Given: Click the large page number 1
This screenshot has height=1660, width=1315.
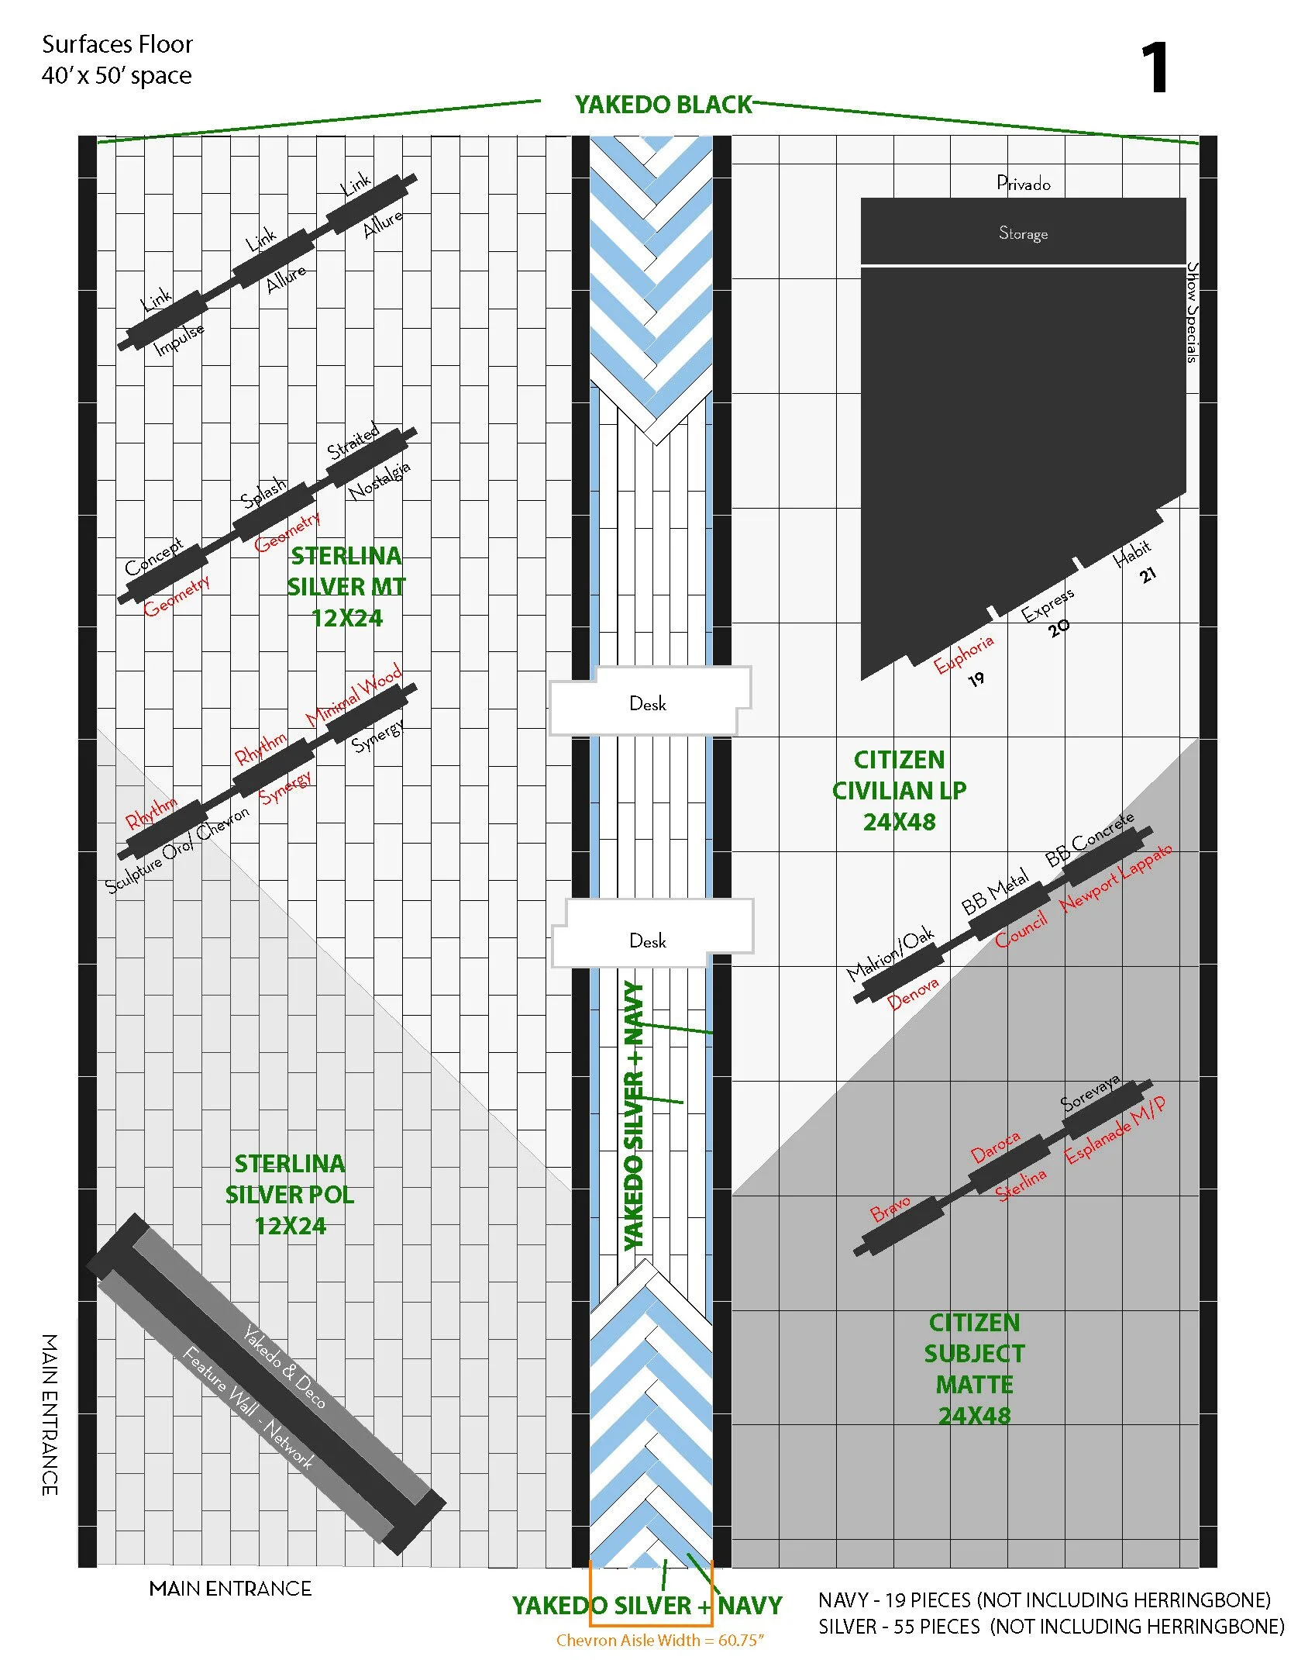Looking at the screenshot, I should pos(1154,68).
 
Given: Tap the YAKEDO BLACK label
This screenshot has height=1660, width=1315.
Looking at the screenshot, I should pos(663,105).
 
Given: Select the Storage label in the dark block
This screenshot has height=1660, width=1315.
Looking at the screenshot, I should pos(1023,233).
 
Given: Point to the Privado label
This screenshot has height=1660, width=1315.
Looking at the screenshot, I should pos(1023,184).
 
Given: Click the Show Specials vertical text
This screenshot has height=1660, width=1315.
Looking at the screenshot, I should pos(1193,312).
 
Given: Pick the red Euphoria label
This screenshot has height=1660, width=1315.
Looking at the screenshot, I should pos(963,654).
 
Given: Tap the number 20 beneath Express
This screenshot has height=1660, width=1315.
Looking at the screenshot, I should pos(1059,627).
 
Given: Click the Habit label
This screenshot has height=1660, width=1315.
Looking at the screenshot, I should pos(1131,553).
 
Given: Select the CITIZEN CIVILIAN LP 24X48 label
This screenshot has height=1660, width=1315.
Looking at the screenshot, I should pos(899,790).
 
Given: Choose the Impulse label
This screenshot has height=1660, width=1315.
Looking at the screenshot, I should pos(179,339).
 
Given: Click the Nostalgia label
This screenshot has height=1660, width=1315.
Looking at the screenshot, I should pos(378,481).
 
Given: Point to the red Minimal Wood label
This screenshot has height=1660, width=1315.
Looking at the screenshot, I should pos(353,694).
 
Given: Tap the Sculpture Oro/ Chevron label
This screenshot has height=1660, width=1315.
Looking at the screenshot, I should pos(177,850).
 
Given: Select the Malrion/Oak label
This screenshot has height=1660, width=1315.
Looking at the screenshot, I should pos(890,954).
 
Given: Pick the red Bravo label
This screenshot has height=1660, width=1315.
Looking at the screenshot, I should pos(890,1208).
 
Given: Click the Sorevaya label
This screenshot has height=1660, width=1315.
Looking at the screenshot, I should pos(1090,1092).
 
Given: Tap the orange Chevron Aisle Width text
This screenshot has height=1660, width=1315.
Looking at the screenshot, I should pos(660,1640).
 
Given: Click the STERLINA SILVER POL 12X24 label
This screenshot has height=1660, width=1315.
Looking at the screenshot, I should pos(290,1195).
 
